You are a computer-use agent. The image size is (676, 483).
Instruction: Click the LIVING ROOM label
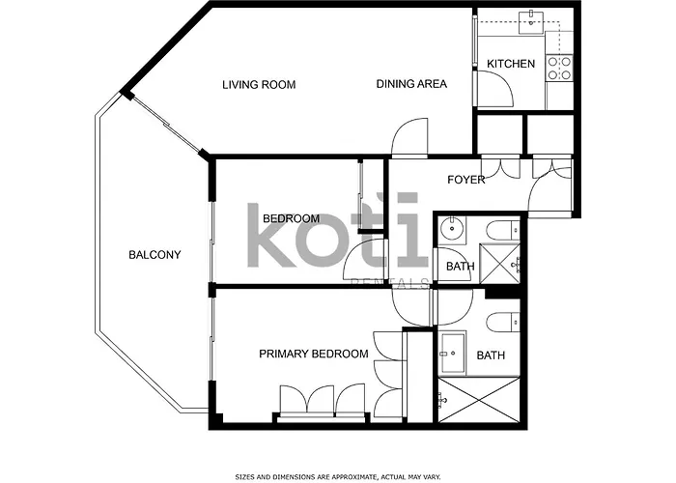click(x=259, y=85)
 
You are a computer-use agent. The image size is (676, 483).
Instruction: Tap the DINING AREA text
click(x=411, y=84)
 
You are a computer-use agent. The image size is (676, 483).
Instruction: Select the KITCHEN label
click(x=510, y=65)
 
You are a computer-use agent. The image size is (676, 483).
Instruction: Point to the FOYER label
click(x=466, y=180)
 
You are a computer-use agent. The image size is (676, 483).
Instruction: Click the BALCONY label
click(x=155, y=255)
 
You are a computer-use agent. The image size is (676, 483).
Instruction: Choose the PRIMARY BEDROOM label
click(x=314, y=355)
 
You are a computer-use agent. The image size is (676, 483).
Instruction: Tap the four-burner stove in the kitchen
click(x=559, y=67)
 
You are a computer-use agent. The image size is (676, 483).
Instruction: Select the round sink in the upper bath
click(x=451, y=230)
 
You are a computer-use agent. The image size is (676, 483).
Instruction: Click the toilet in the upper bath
click(x=500, y=230)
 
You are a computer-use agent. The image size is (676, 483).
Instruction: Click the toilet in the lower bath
click(x=500, y=322)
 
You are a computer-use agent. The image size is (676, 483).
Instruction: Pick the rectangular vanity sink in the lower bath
click(x=452, y=354)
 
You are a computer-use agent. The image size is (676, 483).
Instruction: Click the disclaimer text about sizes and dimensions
click(x=337, y=476)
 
